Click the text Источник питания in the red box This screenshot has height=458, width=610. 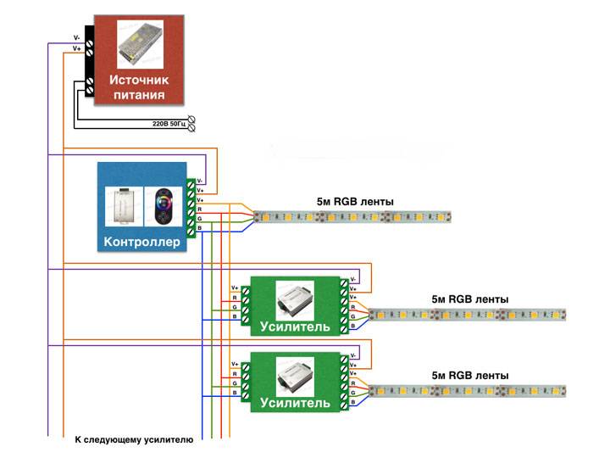[139, 86]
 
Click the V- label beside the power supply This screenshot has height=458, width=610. [76, 38]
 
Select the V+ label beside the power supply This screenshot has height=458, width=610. [76, 49]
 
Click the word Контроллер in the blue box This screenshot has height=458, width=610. [142, 243]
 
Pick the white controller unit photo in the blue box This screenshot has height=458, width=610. [122, 208]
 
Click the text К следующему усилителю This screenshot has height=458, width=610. [135, 440]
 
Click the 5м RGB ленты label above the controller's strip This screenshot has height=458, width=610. [356, 201]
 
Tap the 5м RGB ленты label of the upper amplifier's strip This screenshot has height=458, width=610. [470, 299]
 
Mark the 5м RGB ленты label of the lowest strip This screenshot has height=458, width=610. [470, 375]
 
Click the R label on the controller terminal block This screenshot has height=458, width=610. [199, 209]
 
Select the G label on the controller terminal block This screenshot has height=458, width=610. [199, 218]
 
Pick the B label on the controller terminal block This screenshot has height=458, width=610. [199, 228]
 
